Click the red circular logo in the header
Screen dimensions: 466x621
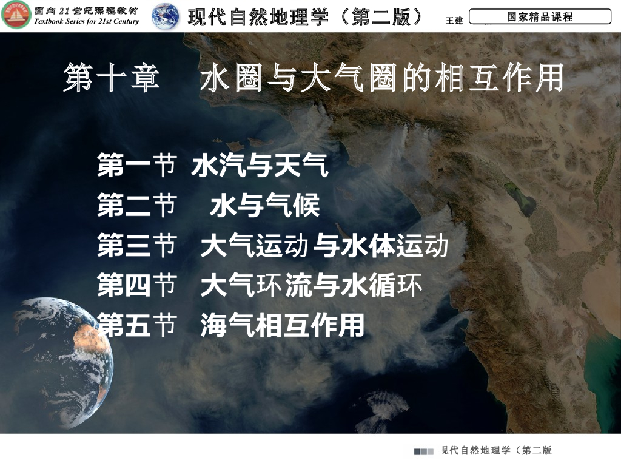[16, 16]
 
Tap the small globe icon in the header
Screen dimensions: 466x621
[165, 16]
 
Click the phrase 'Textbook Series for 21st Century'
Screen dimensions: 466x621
[87, 22]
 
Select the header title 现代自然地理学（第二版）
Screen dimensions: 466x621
[306, 17]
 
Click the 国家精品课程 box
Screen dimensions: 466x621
[540, 17]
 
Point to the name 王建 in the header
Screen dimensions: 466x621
[454, 20]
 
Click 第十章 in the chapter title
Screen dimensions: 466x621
[112, 79]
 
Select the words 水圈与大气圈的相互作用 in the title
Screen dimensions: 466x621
[381, 79]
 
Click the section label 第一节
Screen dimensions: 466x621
[136, 166]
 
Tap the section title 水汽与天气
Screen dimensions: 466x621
[260, 166]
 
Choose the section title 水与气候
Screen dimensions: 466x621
[264, 207]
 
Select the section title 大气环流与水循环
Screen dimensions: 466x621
[311, 286]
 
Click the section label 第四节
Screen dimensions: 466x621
[136, 286]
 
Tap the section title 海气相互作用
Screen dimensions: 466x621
[282, 326]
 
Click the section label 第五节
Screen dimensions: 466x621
[136, 326]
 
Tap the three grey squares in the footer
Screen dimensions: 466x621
[424, 451]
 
